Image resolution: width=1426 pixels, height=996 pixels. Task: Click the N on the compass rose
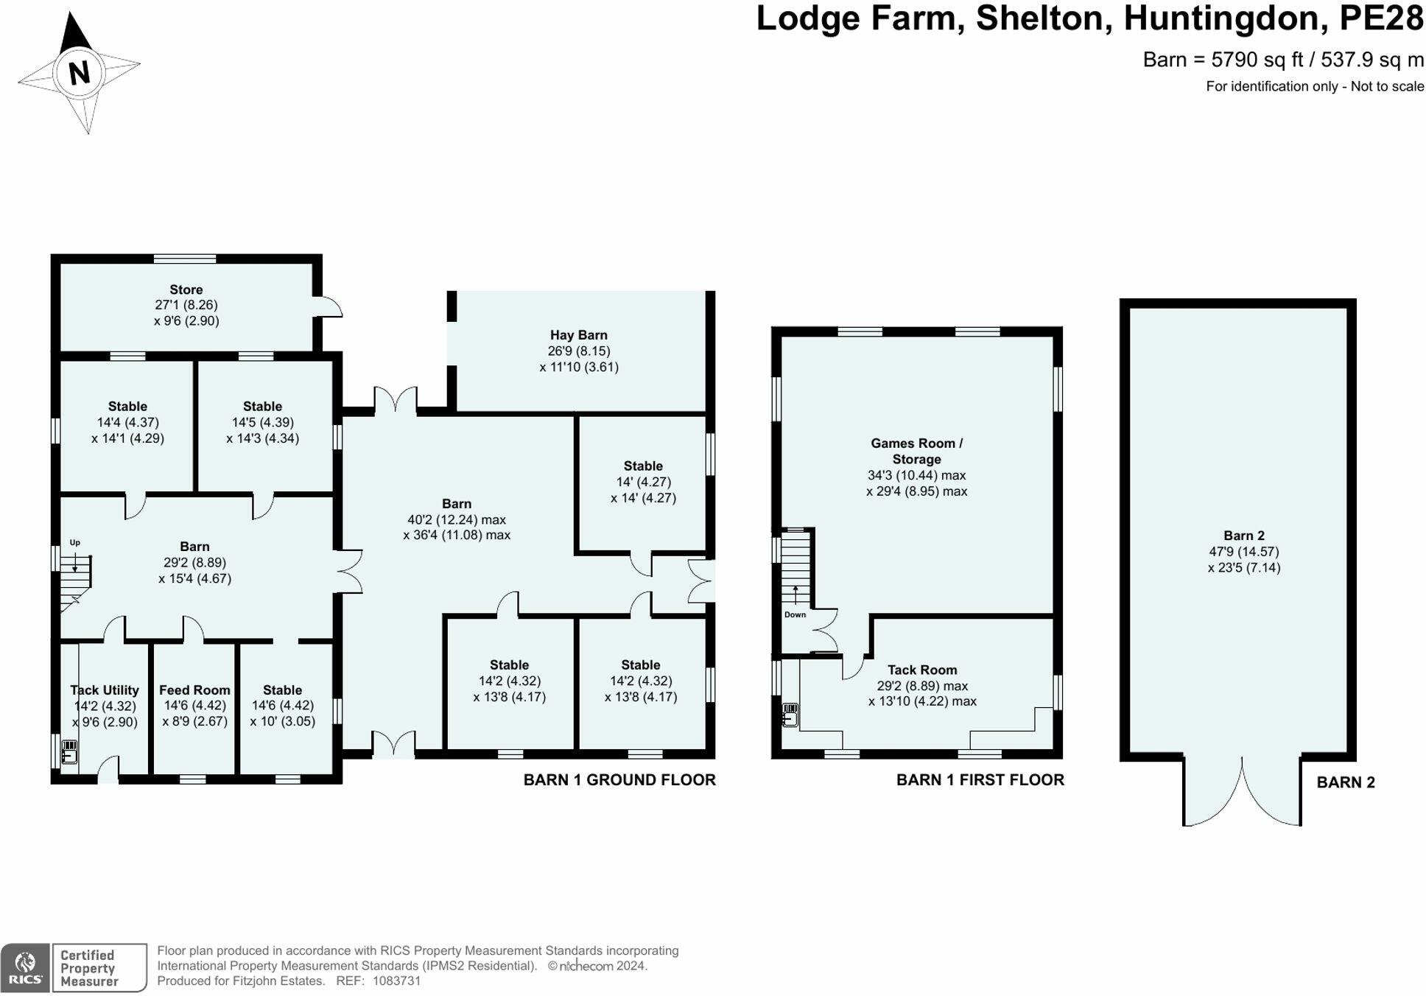tap(79, 71)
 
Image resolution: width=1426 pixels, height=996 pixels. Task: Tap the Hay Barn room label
tap(578, 335)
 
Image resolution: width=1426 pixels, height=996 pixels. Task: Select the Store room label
tap(186, 290)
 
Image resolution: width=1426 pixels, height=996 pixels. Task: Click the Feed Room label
tap(194, 690)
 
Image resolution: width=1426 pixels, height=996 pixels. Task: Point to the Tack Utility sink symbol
tap(69, 752)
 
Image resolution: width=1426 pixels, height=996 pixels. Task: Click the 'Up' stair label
tap(74, 543)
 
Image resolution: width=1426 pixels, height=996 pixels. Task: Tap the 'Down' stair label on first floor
tap(795, 614)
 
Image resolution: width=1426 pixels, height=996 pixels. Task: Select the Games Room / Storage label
tap(916, 451)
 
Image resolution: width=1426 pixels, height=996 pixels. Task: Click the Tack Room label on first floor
tap(921, 670)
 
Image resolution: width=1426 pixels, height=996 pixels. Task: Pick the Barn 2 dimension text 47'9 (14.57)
tap(1243, 551)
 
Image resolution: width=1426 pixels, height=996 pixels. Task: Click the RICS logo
tap(26, 967)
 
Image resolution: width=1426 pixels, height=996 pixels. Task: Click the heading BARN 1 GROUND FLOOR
tap(619, 779)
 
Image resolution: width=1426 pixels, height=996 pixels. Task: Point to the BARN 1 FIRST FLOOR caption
tap(980, 779)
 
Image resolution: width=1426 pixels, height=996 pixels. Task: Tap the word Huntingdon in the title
tap(1226, 18)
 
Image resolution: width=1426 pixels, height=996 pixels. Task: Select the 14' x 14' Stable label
tap(642, 466)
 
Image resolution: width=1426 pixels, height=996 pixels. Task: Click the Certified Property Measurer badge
tap(99, 967)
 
